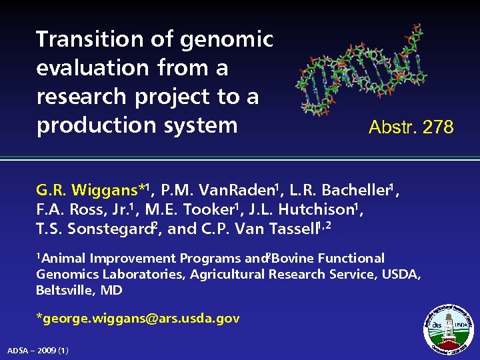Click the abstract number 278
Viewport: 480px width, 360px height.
437,127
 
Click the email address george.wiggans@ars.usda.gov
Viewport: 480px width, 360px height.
138,319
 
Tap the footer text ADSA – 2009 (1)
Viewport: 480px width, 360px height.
37,351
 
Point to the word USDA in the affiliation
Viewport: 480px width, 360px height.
400,275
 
